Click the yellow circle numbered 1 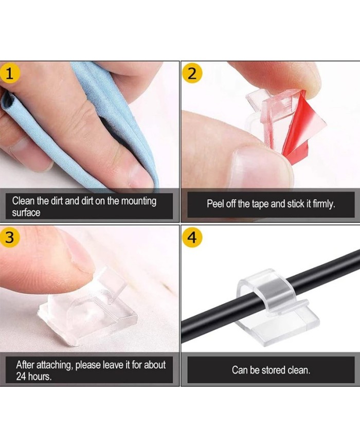click(9, 74)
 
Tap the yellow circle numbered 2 click(193, 74)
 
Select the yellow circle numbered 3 click(9, 237)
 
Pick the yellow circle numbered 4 click(193, 237)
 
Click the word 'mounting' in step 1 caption click(139, 201)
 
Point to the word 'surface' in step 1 click(26, 212)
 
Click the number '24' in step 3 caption click(21, 377)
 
